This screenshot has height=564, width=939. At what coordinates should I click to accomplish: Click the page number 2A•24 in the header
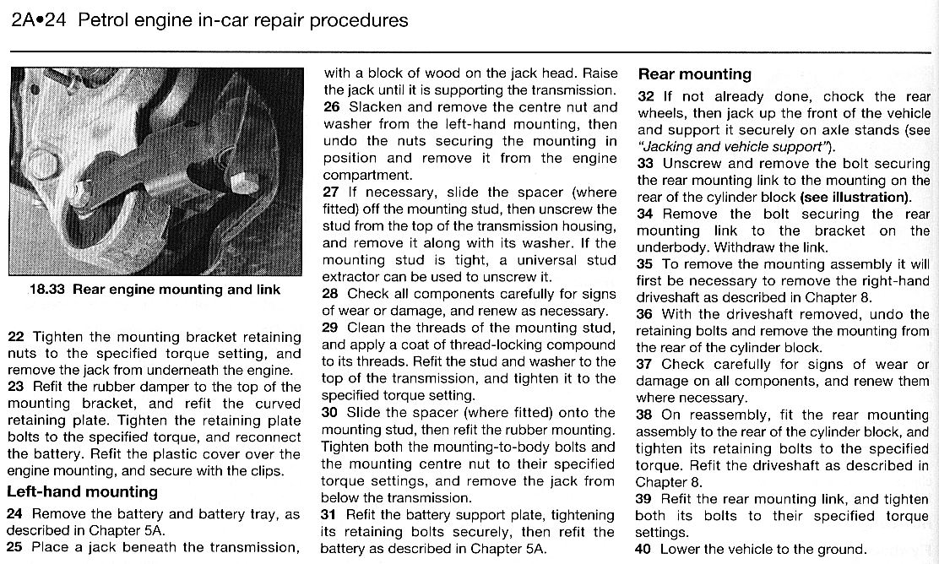click(38, 20)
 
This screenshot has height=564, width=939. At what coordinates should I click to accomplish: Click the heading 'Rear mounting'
click(694, 74)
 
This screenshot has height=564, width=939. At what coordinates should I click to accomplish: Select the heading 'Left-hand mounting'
click(82, 491)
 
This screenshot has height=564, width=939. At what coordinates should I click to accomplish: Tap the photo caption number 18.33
click(47, 290)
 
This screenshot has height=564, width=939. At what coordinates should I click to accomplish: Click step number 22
click(15, 337)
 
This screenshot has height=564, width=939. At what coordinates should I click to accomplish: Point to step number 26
click(330, 107)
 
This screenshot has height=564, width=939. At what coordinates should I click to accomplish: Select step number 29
click(329, 328)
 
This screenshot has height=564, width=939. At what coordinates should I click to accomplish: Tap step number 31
click(329, 515)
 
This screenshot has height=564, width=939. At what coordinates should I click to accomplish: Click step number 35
click(645, 263)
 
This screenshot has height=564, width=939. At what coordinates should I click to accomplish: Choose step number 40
click(644, 549)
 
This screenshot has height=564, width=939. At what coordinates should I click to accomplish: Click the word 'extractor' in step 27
click(350, 276)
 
